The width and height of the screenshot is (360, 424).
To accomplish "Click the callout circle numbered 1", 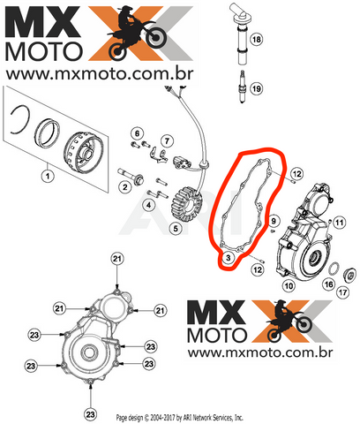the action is coord(48,176).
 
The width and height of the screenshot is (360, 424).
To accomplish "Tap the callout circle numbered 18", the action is coord(256,39).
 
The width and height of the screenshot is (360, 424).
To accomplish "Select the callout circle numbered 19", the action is coord(256,88).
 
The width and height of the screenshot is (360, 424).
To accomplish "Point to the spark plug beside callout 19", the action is coord(242,87).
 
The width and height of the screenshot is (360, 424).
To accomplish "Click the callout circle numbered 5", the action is coord(176,228).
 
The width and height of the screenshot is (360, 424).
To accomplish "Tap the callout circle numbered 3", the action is coord(229,258).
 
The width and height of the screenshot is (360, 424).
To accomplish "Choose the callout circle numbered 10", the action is coord(289,285).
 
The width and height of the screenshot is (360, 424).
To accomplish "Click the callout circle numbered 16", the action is coord(328,284).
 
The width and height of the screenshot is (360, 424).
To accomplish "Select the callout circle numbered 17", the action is coord(342,292).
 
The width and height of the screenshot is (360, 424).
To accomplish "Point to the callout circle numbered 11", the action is coord(340,223).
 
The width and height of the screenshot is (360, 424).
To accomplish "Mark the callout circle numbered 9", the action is coord(274,221).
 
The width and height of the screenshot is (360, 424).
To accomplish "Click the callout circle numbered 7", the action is coord(167,141).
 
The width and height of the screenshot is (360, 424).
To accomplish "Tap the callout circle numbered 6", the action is coord(138,133).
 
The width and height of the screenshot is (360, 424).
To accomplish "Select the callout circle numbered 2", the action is coord(125,186).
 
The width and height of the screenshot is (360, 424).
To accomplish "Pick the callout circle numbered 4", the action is coord(149,205).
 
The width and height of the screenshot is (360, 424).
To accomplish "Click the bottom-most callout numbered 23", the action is coord(90,414).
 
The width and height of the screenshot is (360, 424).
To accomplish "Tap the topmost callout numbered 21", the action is coord(117,259).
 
